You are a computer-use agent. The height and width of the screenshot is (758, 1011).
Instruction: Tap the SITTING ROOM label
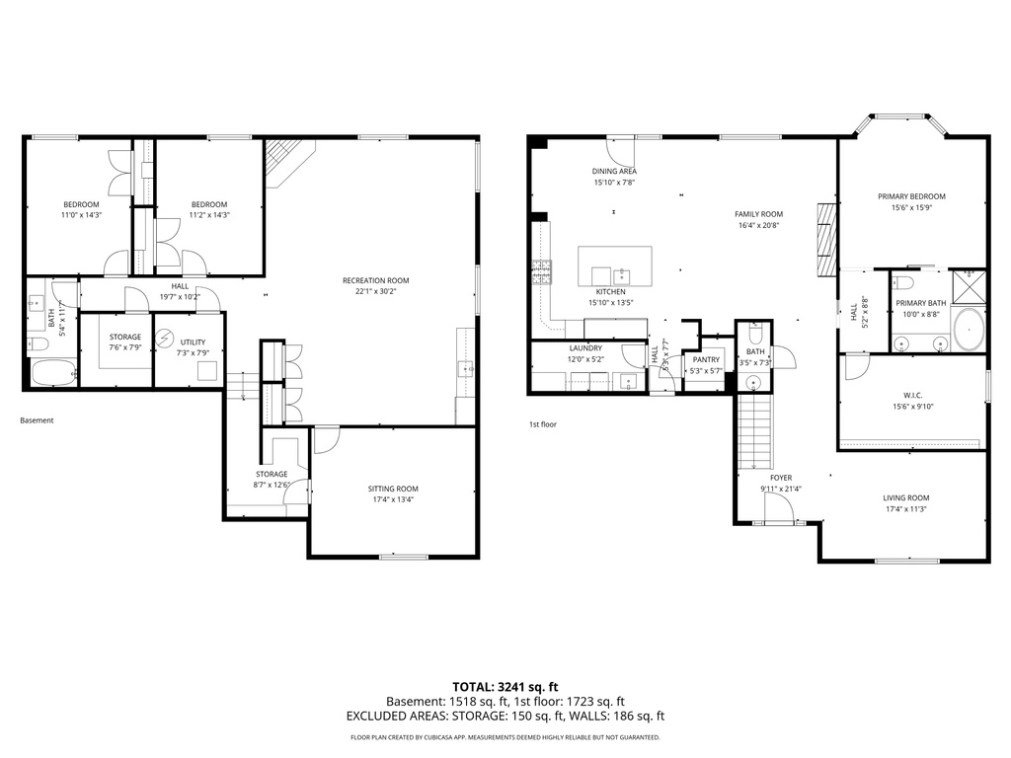(393, 489)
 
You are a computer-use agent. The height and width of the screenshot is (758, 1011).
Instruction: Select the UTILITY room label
(193, 342)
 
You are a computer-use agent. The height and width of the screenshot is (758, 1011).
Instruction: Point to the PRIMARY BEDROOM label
(911, 196)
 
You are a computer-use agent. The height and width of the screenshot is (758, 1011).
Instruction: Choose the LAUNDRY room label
(585, 348)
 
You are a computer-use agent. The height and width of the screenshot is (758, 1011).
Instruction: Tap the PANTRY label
(706, 359)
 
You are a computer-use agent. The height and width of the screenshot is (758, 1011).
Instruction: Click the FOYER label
(781, 478)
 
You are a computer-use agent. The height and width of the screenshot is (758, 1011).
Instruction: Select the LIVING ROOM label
(905, 498)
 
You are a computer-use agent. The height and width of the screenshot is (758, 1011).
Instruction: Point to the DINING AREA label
(614, 172)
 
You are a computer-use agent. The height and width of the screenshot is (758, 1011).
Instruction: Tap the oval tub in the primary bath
(969, 328)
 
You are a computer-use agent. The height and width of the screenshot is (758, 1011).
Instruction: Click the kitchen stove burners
(542, 271)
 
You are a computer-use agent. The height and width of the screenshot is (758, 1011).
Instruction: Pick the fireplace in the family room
(827, 238)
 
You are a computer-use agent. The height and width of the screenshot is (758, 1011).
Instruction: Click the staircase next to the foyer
(754, 430)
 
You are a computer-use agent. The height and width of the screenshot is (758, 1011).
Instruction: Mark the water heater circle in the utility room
(166, 339)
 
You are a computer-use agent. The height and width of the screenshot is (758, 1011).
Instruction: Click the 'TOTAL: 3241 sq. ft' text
(505, 686)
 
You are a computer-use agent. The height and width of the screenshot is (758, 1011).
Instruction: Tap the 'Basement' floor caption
(37, 420)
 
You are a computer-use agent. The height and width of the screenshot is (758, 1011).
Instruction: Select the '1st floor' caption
(543, 424)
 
